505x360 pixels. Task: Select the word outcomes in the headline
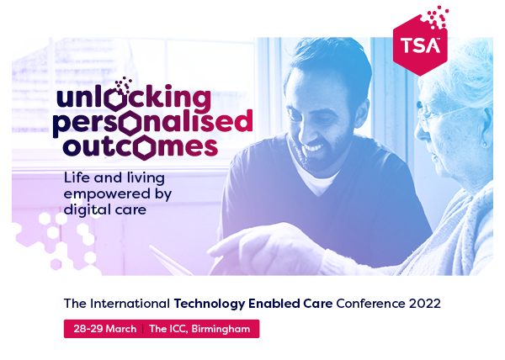click(136, 146)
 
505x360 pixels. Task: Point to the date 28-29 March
click(102, 329)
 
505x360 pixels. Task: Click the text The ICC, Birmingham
click(199, 329)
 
